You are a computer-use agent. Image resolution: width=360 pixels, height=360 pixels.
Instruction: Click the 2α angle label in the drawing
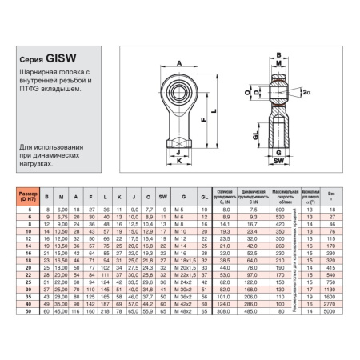[x=307, y=93]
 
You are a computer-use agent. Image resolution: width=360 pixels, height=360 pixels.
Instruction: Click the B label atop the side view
[x=278, y=55]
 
